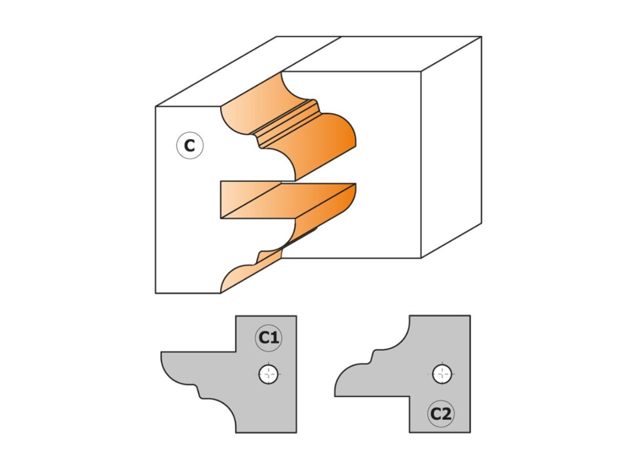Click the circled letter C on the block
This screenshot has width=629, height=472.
click(189, 146)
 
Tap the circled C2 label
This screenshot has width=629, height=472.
click(440, 414)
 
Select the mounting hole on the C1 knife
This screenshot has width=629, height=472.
click(268, 374)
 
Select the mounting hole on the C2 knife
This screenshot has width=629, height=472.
click(442, 374)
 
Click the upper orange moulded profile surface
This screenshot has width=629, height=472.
click(314, 136)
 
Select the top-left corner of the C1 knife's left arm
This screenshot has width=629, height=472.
click(161, 352)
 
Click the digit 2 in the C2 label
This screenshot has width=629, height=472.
click(446, 414)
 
